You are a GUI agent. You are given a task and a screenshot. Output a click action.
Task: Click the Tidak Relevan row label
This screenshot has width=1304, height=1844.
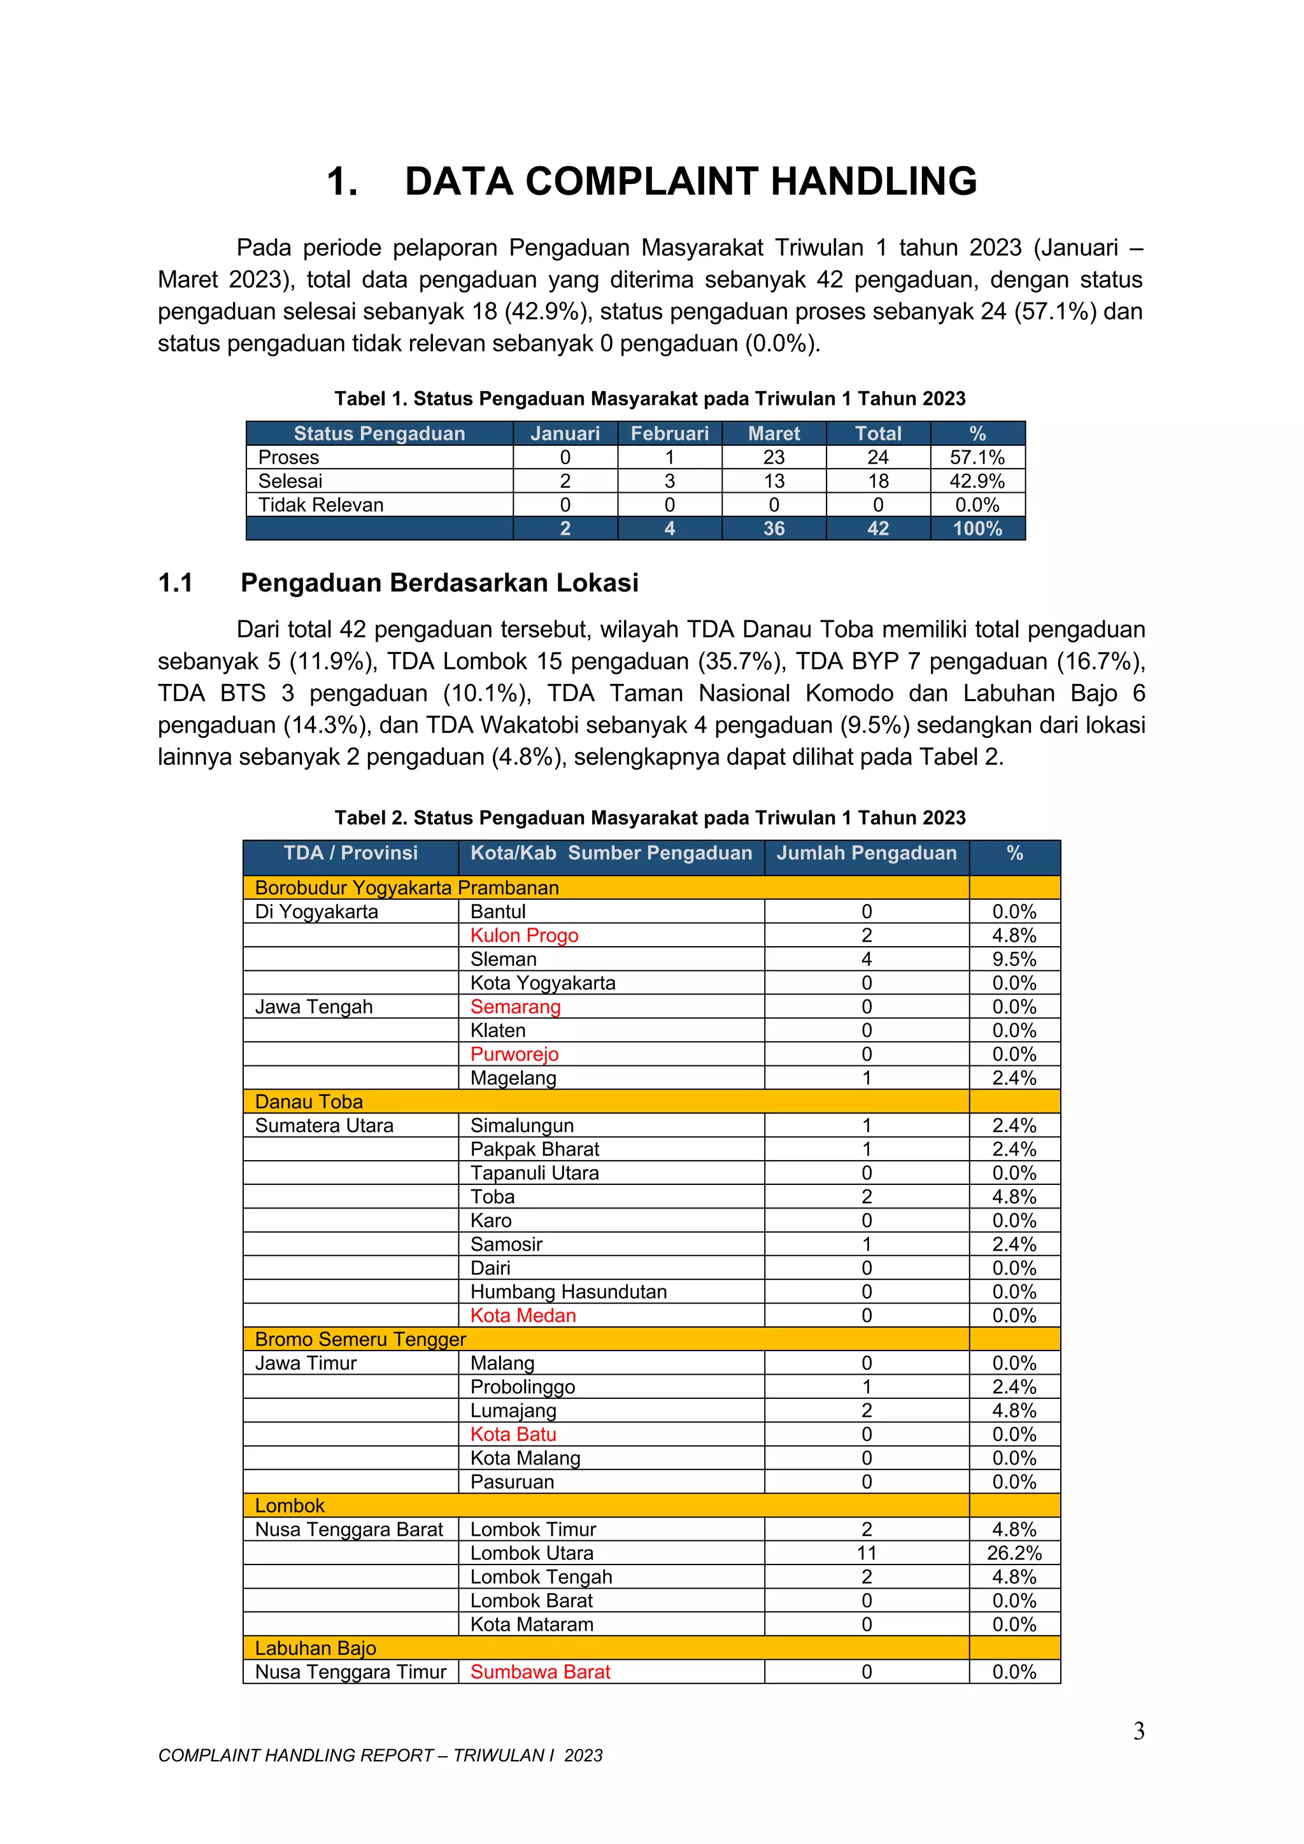pyautogui.click(x=320, y=505)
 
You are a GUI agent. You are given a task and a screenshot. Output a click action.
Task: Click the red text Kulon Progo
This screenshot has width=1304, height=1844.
pyautogui.click(x=523, y=935)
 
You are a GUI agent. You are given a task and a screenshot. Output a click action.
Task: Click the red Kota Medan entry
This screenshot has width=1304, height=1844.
pyautogui.click(x=523, y=1316)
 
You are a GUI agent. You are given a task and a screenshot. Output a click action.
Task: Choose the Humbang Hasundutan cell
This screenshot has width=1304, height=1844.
pyautogui.click(x=568, y=1291)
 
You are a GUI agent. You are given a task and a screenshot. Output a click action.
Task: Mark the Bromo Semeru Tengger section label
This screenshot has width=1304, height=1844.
pyautogui.click(x=360, y=1340)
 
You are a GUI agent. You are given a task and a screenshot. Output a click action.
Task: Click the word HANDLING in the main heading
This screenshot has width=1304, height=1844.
pyautogui.click(x=874, y=181)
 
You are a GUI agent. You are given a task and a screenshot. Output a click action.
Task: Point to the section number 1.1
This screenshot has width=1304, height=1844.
pyautogui.click(x=175, y=583)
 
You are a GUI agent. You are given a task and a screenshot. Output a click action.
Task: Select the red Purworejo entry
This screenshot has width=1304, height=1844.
pyautogui.click(x=514, y=1054)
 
